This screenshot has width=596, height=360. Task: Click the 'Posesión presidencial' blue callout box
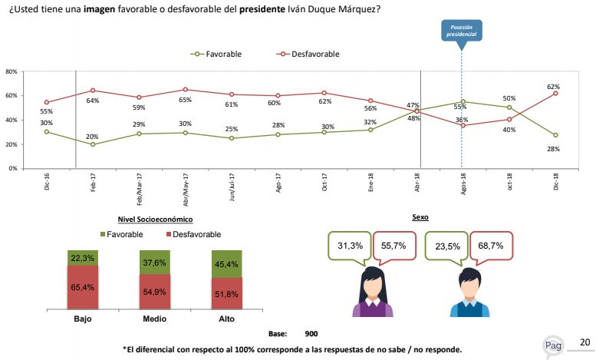click(461, 31)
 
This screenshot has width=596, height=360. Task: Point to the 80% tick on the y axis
click(12, 71)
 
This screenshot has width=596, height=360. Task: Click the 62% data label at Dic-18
click(553, 87)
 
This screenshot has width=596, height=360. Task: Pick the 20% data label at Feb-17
click(93, 136)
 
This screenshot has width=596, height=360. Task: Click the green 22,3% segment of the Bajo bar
click(83, 257)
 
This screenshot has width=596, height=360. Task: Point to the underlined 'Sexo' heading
click(420, 218)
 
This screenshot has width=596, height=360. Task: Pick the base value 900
click(311, 334)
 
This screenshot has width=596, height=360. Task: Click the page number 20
click(584, 342)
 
